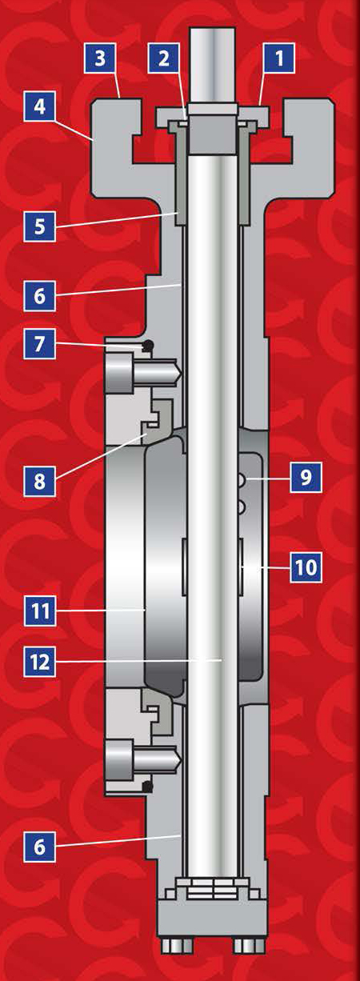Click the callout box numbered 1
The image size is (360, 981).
(278, 58)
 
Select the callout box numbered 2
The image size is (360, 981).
(164, 58)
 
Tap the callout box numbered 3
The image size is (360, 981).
(100, 58)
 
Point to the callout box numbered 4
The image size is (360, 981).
(40, 106)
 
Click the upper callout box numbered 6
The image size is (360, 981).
(40, 296)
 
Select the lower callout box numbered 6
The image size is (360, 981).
(40, 847)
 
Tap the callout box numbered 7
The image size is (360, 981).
(40, 344)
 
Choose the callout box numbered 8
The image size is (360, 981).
(40, 481)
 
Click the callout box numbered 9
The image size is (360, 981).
(306, 478)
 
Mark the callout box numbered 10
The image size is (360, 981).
(306, 567)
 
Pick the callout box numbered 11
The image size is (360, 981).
(40, 610)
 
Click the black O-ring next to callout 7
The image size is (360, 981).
(148, 346)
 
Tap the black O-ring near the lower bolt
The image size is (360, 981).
(148, 787)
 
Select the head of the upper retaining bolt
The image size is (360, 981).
(118, 373)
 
